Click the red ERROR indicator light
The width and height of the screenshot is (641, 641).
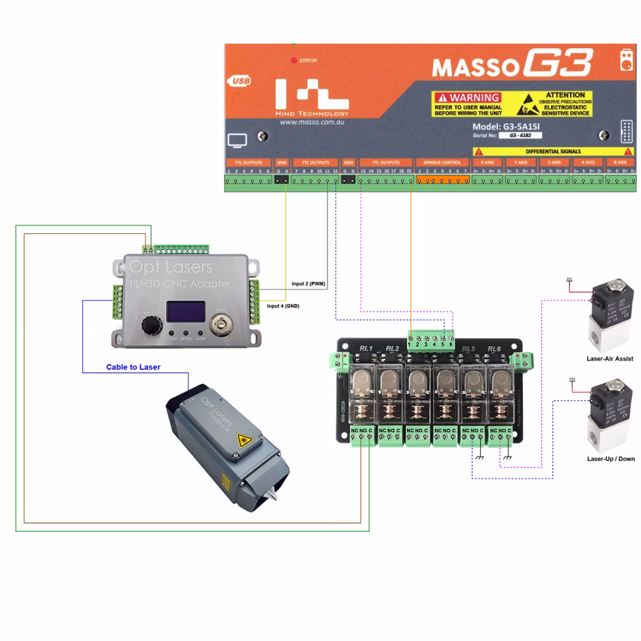294,60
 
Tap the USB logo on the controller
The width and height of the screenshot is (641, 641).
239,81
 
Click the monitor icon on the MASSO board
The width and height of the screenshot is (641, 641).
237,140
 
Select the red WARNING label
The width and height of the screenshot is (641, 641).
467,98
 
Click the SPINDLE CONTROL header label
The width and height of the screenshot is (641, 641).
443,163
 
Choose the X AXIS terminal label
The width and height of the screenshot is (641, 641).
487,163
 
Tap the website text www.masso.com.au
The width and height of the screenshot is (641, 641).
313,122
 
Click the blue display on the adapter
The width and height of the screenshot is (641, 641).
185,312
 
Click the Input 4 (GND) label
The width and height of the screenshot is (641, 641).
283,306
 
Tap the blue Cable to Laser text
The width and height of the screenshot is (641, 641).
133,367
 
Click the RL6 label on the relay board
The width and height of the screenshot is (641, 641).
494,348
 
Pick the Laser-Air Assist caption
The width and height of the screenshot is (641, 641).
610,359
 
